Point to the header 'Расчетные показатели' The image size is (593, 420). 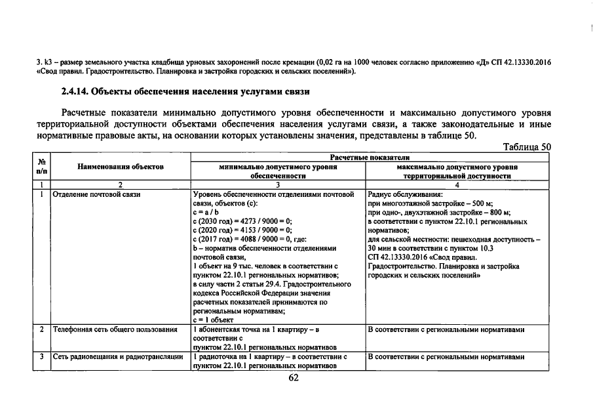point(370,158)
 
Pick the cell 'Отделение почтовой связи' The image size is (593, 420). point(96,195)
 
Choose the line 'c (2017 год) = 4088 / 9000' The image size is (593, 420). point(242,240)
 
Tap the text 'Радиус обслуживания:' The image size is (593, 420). point(405,195)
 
